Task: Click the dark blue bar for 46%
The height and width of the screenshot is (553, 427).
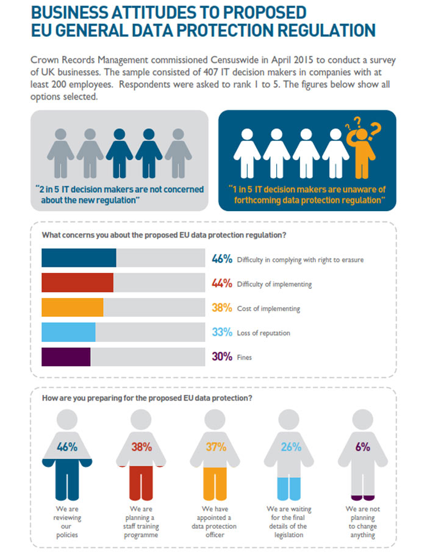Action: [x=79, y=258]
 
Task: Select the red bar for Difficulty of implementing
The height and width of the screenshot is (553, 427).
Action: [x=77, y=283]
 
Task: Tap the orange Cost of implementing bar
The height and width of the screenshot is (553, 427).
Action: [x=72, y=307]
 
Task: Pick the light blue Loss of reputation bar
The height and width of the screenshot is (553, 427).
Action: [x=68, y=332]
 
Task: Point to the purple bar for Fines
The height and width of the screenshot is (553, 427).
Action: [x=66, y=356]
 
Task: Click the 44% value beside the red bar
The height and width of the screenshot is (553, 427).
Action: [x=222, y=283]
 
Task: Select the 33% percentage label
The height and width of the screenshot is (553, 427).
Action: [x=222, y=333]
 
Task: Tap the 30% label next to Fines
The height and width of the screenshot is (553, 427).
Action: [x=222, y=356]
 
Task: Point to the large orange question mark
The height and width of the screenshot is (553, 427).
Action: [x=375, y=130]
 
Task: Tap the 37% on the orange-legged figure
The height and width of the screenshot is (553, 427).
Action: [x=216, y=447]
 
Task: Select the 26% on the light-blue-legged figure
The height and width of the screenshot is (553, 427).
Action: [x=290, y=447]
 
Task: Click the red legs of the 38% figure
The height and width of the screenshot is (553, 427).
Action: [x=142, y=482]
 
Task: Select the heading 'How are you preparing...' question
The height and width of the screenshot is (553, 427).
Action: [x=146, y=398]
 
